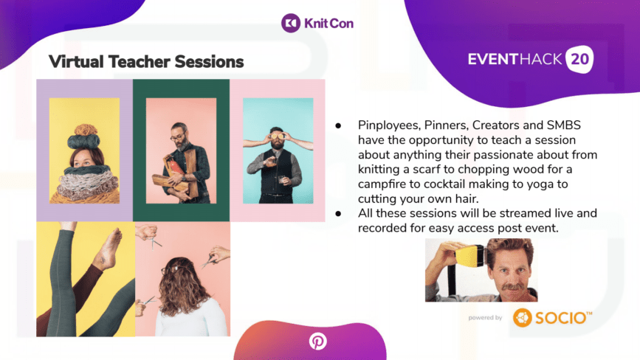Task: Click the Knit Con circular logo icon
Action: (291, 23)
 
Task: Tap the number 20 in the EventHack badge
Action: (579, 60)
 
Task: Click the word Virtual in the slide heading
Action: (76, 62)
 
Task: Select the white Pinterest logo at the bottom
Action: (317, 342)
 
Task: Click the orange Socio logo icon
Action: (523, 318)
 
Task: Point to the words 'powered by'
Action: (485, 318)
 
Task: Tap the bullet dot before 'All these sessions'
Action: (338, 214)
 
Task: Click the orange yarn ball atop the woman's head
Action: (86, 130)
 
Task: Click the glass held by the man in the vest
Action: (282, 180)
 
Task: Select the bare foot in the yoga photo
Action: (107, 249)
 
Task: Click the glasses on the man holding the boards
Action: (178, 136)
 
